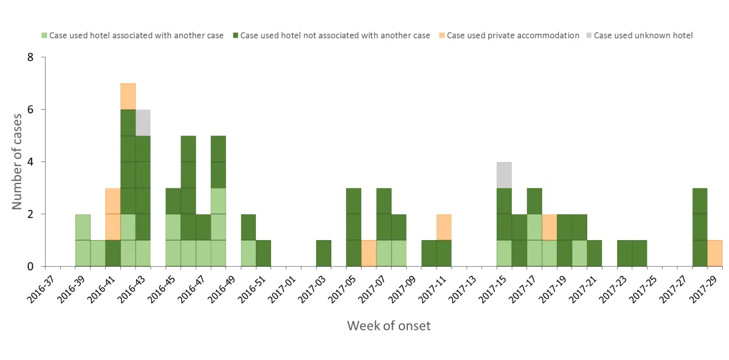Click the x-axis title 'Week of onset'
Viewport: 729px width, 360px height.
pos(389,325)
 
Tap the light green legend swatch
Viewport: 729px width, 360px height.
pos(44,35)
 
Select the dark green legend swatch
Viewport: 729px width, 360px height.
pos(235,35)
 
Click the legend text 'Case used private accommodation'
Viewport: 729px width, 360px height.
pos(512,35)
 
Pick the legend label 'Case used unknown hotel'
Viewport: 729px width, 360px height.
pos(643,35)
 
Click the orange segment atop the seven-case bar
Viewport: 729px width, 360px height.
pos(128,96)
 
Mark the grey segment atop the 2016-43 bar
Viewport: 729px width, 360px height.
pos(143,123)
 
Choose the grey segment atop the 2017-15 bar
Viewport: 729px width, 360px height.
pos(504,175)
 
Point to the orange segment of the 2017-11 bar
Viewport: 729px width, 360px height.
pos(444,227)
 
